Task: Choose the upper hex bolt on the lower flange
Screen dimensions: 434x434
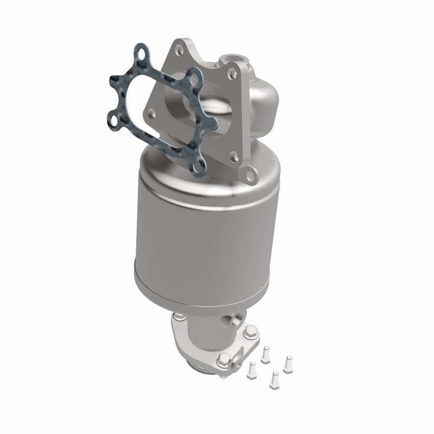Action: coord(251,330)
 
